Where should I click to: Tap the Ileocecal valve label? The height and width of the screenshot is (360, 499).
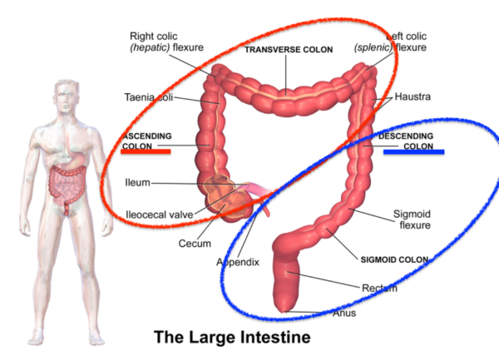[x=159, y=215]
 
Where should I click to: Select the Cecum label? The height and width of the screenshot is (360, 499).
[x=195, y=244]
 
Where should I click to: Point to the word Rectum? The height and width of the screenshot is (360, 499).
[x=378, y=288]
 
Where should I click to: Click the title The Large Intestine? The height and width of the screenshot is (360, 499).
[x=231, y=338]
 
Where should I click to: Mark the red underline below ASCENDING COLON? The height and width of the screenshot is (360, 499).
[x=146, y=151]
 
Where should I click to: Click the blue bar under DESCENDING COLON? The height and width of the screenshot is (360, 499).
[x=413, y=152]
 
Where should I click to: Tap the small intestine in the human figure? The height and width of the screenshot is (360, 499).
[x=63, y=182]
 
